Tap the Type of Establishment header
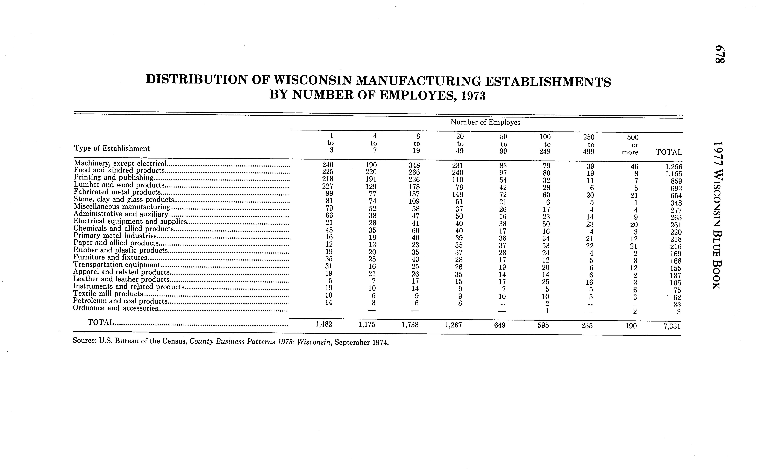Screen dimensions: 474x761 (x=112, y=148)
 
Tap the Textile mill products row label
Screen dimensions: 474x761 (x=108, y=294)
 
